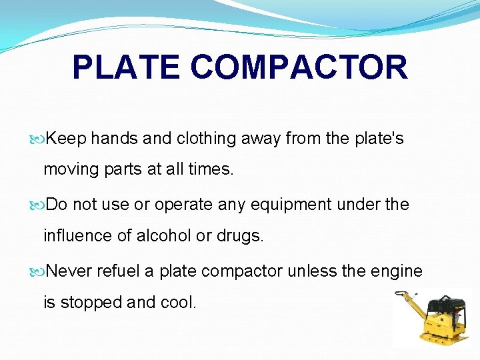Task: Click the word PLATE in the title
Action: click(x=126, y=67)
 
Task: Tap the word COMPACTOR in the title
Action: click(x=299, y=67)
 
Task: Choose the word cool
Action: click(x=179, y=302)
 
